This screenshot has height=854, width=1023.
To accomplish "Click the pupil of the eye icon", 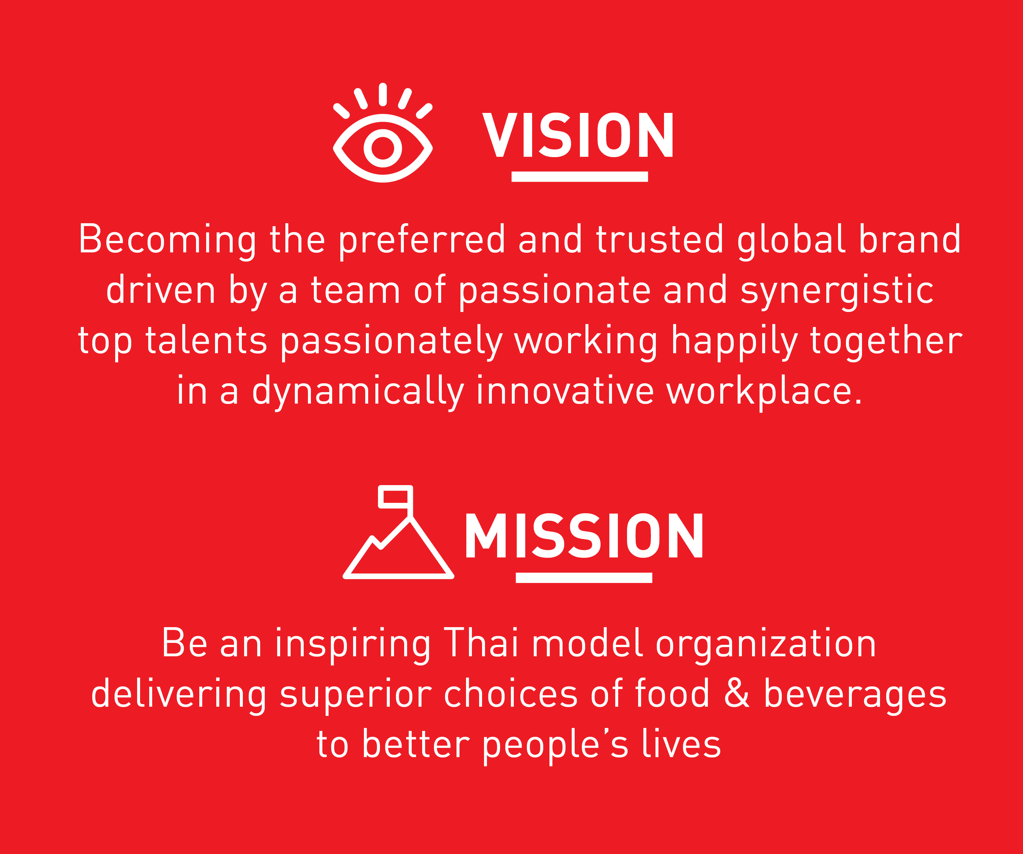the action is pos(383,148).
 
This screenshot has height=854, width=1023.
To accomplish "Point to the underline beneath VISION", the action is pos(580,176).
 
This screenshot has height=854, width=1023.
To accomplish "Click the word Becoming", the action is pos(168,240).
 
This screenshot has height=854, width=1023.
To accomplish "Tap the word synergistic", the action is pos(837,291).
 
